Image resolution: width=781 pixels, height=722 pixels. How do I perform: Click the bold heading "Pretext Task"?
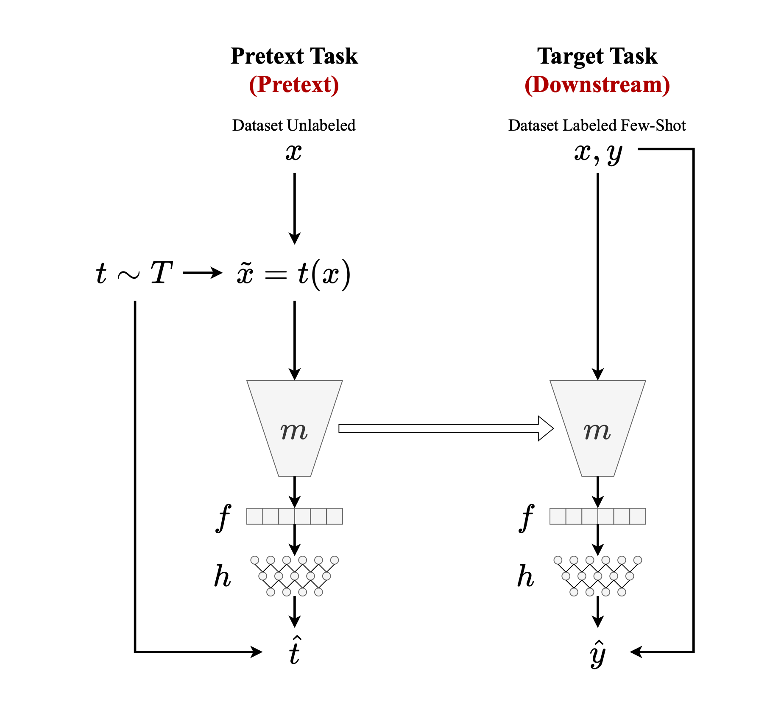(294, 56)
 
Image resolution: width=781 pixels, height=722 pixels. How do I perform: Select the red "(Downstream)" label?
(597, 85)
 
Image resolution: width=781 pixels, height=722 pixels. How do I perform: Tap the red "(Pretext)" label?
(294, 85)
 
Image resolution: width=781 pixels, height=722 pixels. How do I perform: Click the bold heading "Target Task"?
(597, 56)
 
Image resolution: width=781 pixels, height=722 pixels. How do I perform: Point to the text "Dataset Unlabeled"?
(294, 126)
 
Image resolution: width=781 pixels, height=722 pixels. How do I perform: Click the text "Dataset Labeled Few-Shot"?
(597, 126)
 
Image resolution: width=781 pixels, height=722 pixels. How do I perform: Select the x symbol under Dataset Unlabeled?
(294, 152)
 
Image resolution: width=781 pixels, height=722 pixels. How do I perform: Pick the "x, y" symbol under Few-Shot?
(598, 153)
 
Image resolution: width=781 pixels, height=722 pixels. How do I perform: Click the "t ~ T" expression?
(134, 273)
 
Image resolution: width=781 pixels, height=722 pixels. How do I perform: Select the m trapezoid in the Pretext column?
(295, 428)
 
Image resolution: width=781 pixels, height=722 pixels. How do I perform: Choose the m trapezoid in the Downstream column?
(598, 428)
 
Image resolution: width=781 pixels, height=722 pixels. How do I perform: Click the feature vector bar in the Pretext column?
(295, 516)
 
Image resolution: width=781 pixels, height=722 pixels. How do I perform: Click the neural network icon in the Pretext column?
(295, 576)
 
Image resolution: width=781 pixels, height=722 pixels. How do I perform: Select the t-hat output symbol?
(295, 651)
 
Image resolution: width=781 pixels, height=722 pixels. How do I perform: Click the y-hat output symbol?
(598, 653)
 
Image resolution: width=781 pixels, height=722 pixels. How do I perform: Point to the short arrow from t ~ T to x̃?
(202, 273)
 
